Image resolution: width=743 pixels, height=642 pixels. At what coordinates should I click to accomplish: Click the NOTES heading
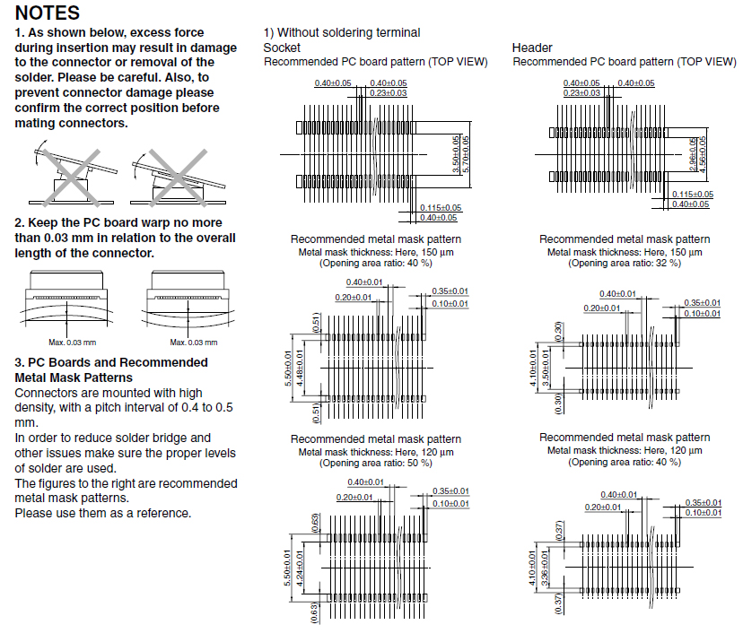tap(48, 13)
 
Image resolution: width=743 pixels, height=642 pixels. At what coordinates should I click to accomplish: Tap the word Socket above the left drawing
tap(282, 48)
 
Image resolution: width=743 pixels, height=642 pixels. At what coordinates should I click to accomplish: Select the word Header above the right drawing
tap(532, 48)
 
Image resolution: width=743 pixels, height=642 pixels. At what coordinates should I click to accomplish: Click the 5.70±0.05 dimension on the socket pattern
tap(465, 154)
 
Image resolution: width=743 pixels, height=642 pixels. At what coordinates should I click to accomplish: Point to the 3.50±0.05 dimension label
tap(455, 154)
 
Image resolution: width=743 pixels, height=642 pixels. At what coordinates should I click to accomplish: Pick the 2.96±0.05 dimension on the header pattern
tap(693, 153)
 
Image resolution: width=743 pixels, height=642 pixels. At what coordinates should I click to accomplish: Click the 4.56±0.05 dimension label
tap(703, 153)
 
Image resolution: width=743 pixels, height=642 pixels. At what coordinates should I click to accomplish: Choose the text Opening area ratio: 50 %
tap(376, 463)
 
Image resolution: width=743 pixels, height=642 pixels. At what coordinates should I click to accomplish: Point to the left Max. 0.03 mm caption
tap(72, 342)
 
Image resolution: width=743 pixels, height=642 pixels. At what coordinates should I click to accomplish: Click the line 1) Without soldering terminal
tap(341, 32)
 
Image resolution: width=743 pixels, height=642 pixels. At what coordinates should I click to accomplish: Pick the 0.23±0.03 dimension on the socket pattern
tap(388, 93)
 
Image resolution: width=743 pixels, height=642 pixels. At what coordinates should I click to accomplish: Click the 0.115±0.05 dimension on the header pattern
tap(692, 195)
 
